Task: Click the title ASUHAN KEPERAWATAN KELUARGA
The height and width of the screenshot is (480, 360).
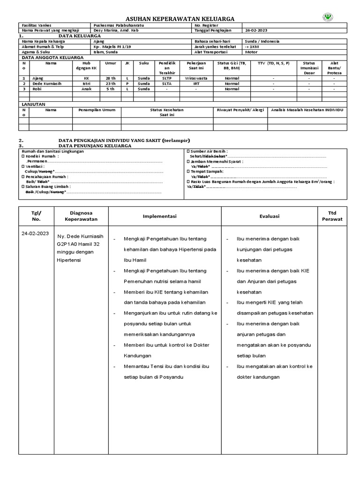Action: point(180,18)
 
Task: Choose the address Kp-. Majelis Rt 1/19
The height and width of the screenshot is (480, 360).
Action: point(112,47)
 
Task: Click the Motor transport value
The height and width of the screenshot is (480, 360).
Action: point(252,52)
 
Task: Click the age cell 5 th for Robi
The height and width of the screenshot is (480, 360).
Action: point(111,89)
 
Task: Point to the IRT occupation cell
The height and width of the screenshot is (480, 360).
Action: point(196,83)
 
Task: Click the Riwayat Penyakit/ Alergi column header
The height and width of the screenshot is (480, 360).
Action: point(240,110)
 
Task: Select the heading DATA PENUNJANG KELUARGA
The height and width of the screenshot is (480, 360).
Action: point(95,146)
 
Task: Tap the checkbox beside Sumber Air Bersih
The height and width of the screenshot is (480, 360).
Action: point(188,151)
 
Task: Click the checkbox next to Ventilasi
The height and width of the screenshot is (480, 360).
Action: point(23,166)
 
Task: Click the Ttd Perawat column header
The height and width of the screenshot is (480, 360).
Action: point(335,216)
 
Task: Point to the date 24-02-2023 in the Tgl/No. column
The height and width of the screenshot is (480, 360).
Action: point(35,233)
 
